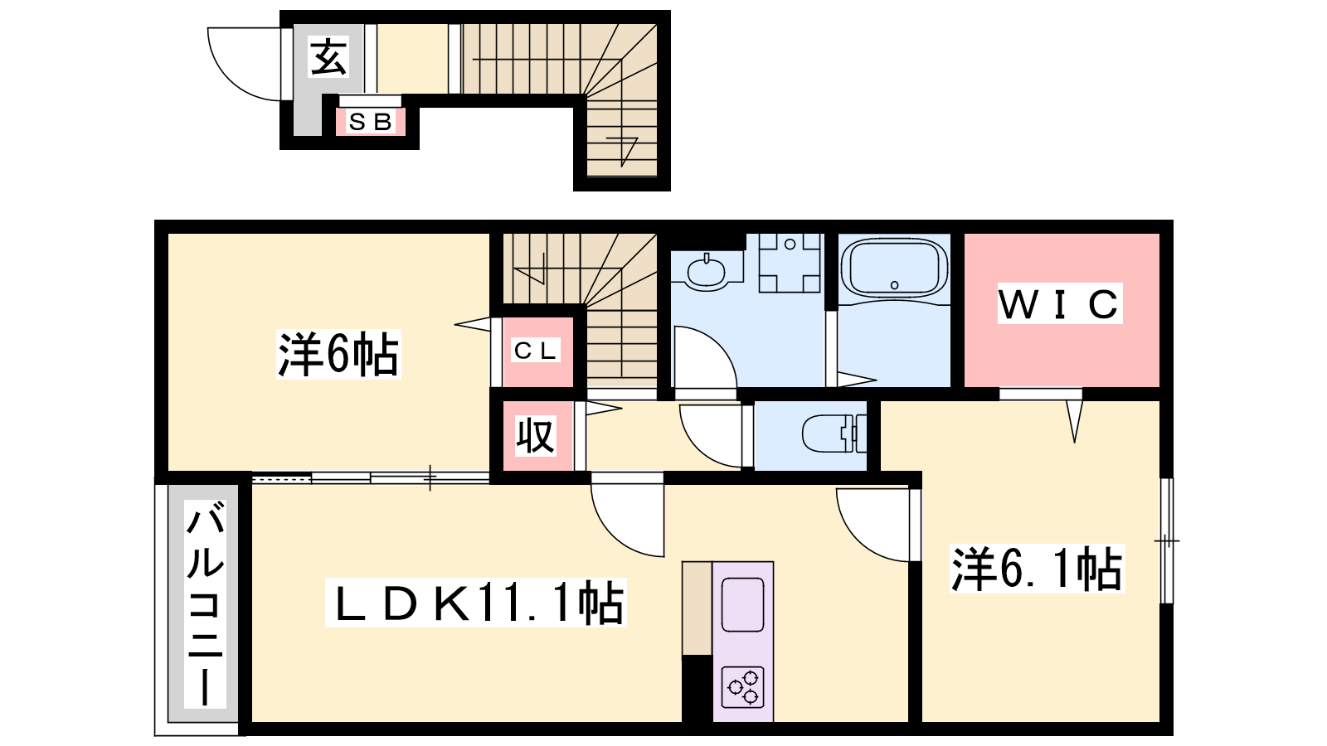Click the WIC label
pos(1060,303)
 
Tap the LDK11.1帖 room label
pos(476,603)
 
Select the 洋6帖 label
pos(338,354)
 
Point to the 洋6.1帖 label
pos(1038,569)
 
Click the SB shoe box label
pos(371,122)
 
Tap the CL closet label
pos(536,351)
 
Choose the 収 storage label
pos(535,436)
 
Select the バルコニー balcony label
pos(205,604)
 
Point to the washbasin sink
pos(706,273)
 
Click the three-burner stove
pos(743,687)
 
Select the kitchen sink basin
pos(743,604)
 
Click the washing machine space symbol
pos(790,263)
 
